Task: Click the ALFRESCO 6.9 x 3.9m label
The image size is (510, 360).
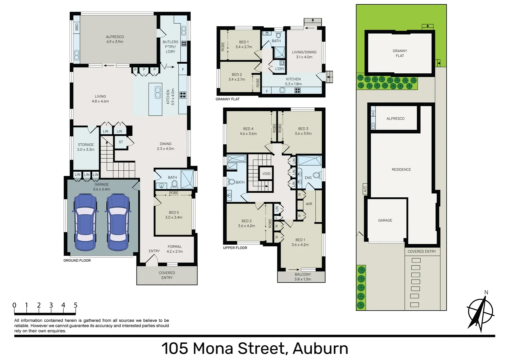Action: [115, 39]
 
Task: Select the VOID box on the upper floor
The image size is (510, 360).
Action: [266, 174]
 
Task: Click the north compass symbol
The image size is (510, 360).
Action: [480, 312]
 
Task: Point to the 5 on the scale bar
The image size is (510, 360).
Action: [75, 305]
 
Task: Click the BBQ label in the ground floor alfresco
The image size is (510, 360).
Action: [77, 26]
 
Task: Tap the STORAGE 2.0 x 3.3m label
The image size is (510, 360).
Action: [86, 147]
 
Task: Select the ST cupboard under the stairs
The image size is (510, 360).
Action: [121, 142]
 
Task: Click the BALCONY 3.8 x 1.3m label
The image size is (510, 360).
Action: [303, 277]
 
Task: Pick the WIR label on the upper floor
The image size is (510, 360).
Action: [309, 204]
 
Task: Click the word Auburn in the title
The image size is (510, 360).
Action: [320, 348]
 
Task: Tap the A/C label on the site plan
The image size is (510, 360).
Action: [365, 189]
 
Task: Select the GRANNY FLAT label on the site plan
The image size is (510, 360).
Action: [400, 53]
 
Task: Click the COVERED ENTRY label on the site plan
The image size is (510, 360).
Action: [422, 251]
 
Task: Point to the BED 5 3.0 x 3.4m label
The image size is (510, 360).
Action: [173, 215]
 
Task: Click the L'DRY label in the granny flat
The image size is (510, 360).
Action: [280, 69]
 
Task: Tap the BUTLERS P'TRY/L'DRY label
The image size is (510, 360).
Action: [170, 47]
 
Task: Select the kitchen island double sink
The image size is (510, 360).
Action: [158, 92]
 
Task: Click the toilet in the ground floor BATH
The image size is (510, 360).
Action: [173, 184]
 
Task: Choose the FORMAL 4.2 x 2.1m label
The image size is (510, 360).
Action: [174, 249]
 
